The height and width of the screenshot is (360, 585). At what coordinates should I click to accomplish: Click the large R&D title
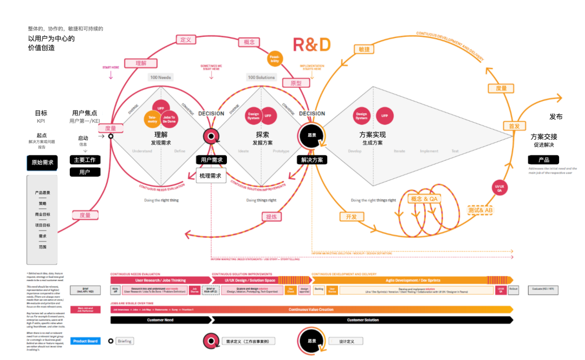311,44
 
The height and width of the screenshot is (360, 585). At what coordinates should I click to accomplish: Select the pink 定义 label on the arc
186,40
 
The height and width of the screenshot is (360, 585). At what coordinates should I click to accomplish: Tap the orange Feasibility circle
275,58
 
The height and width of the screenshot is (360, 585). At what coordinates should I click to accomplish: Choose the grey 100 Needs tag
161,77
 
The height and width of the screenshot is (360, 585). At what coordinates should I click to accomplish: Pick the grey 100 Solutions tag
261,77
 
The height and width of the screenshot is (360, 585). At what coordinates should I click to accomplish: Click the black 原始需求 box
42,162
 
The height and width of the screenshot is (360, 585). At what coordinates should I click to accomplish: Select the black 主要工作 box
85,160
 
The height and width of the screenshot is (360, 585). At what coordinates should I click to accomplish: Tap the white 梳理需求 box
211,175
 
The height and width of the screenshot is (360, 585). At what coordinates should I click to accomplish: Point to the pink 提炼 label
271,217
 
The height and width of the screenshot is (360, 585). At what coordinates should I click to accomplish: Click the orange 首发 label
514,126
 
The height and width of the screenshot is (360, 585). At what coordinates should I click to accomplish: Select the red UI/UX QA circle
499,188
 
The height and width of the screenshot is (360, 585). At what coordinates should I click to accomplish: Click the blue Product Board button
85,341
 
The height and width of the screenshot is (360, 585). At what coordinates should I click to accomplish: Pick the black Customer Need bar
160,320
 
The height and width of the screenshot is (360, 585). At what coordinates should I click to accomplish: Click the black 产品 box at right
543,160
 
